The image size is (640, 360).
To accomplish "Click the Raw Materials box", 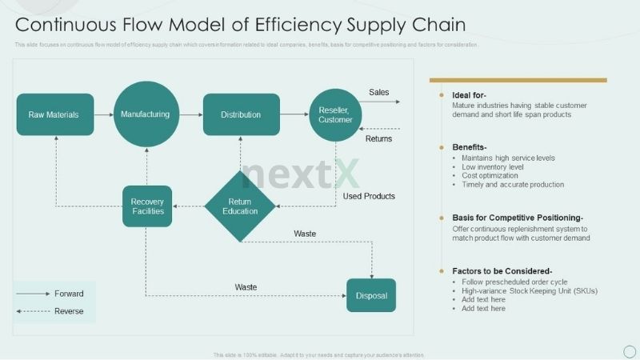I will (x=54, y=114).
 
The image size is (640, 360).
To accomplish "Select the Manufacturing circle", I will (x=146, y=114).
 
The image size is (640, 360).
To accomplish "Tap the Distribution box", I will (x=241, y=114).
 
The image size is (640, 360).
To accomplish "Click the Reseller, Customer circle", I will (x=335, y=114).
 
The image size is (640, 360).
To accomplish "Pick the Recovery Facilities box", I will (x=147, y=206).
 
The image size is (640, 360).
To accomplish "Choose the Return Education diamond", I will (x=240, y=206).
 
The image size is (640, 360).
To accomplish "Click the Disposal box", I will (x=371, y=295).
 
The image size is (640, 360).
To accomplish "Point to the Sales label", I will (x=379, y=92).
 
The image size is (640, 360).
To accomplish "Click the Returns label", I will (x=378, y=139).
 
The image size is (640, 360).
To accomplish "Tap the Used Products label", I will (x=369, y=196).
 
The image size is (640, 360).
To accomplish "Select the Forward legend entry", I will (x=69, y=294).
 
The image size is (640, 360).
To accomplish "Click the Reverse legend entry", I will (x=69, y=311).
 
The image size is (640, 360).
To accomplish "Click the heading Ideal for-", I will (x=470, y=95).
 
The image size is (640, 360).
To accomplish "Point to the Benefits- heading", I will (x=470, y=147).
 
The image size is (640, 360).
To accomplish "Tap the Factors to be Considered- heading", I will (x=502, y=270).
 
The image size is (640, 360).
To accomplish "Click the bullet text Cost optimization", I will (x=490, y=175).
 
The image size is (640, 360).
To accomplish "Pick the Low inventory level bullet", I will (x=493, y=166).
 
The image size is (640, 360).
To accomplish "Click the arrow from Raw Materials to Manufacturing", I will (x=103, y=114).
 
